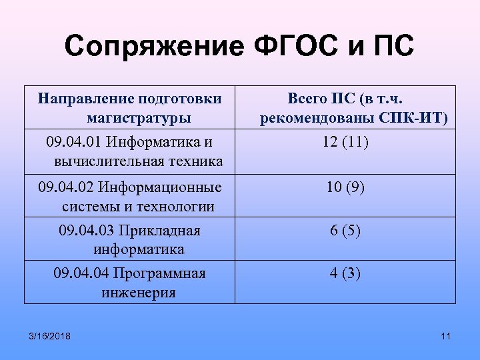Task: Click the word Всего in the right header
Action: tap(307, 99)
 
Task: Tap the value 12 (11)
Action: tap(346, 142)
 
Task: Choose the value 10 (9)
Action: tap(345, 187)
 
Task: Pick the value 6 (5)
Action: tap(345, 231)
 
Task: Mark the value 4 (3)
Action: tap(345, 273)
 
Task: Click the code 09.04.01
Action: tap(74, 142)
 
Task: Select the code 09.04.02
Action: tap(65, 187)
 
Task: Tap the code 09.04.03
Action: tap(86, 231)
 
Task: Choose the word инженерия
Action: tap(139, 292)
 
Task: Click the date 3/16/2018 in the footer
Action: tap(49, 335)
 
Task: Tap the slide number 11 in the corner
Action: tap(446, 335)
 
